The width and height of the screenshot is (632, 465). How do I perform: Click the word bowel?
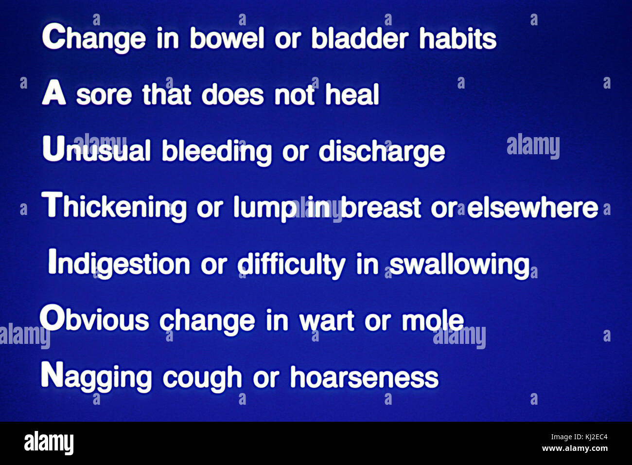point(227,38)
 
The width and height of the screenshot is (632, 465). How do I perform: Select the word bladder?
point(359,38)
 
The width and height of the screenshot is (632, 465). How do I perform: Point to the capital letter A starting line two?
point(53,93)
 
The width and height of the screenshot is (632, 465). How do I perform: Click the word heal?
point(352,94)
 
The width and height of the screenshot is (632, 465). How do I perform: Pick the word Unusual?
point(96,150)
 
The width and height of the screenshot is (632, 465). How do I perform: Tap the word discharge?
point(382,152)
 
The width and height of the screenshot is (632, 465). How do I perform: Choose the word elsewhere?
point(532,208)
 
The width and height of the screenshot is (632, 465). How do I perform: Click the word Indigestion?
point(119,264)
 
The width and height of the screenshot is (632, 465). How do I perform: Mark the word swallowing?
point(459,265)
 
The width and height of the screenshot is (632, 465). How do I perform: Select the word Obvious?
point(94,320)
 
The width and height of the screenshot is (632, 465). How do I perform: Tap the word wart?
point(327,321)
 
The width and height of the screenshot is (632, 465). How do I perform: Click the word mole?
point(433,321)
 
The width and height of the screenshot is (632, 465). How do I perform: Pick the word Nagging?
point(96,377)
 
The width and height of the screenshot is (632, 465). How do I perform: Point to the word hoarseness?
point(364,378)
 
